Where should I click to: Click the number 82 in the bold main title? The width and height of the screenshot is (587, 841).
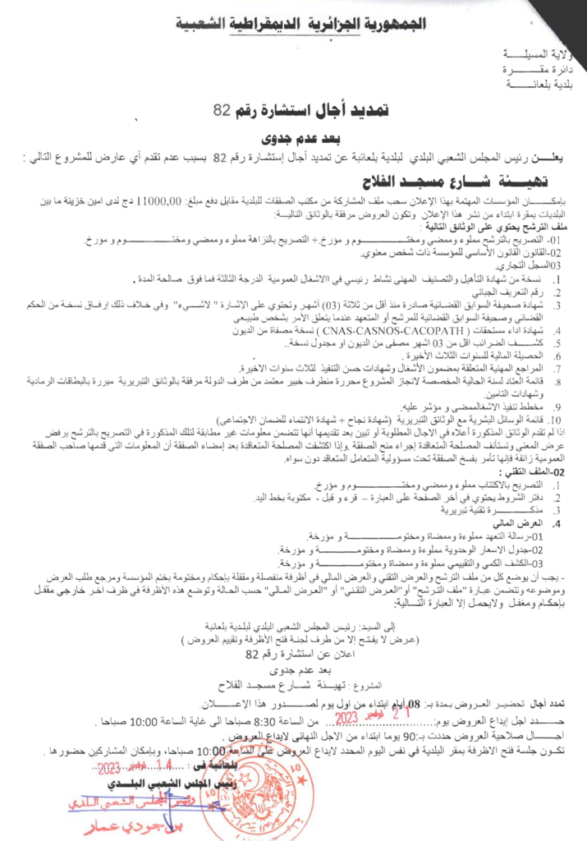pos(221,110)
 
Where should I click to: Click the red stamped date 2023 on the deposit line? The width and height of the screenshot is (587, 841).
pos(352,693)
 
